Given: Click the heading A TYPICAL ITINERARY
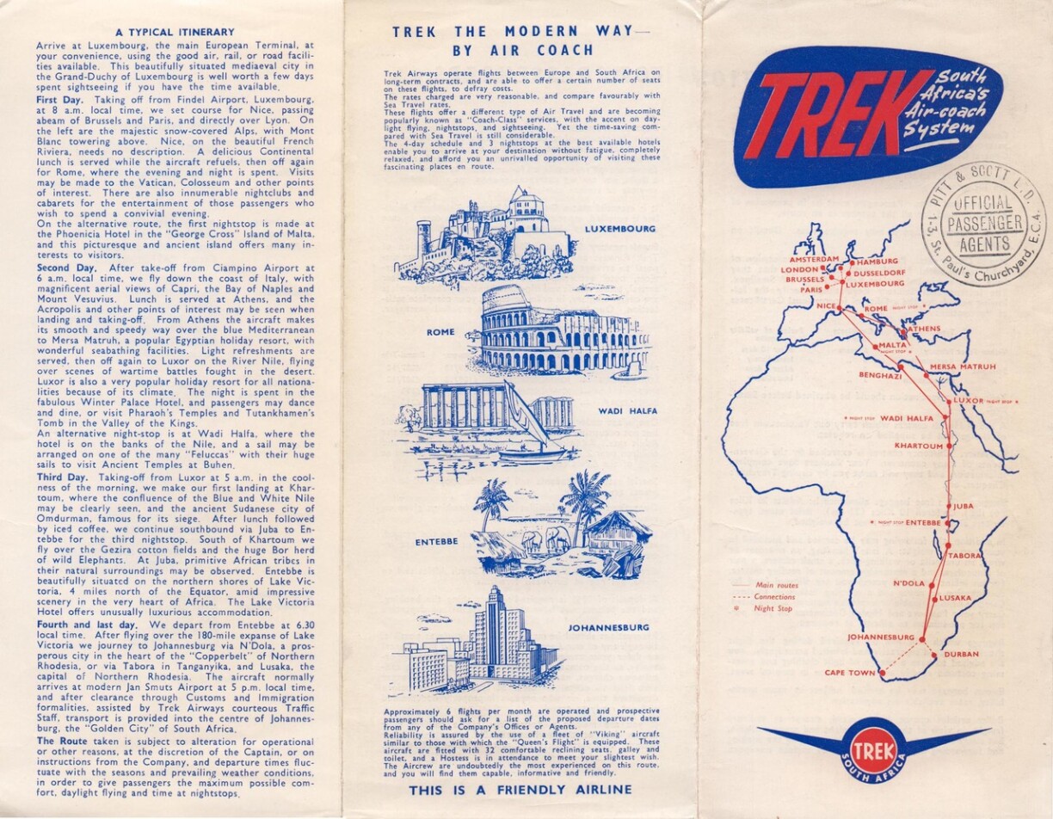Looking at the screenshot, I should coord(175,32).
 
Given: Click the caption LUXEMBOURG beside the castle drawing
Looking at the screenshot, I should coord(619,230).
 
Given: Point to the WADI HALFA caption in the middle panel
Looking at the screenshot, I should coord(627,411).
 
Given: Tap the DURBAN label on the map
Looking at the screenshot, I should coord(961,655).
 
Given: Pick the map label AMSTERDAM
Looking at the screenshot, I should coord(814,258).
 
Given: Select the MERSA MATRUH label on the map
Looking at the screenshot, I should coord(963,367).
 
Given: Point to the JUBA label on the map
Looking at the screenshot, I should coord(963,506).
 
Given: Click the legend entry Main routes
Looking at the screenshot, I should coord(775,585).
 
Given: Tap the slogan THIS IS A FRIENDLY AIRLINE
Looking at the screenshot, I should coord(520,790).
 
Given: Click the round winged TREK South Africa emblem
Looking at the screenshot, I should coord(873,748).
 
